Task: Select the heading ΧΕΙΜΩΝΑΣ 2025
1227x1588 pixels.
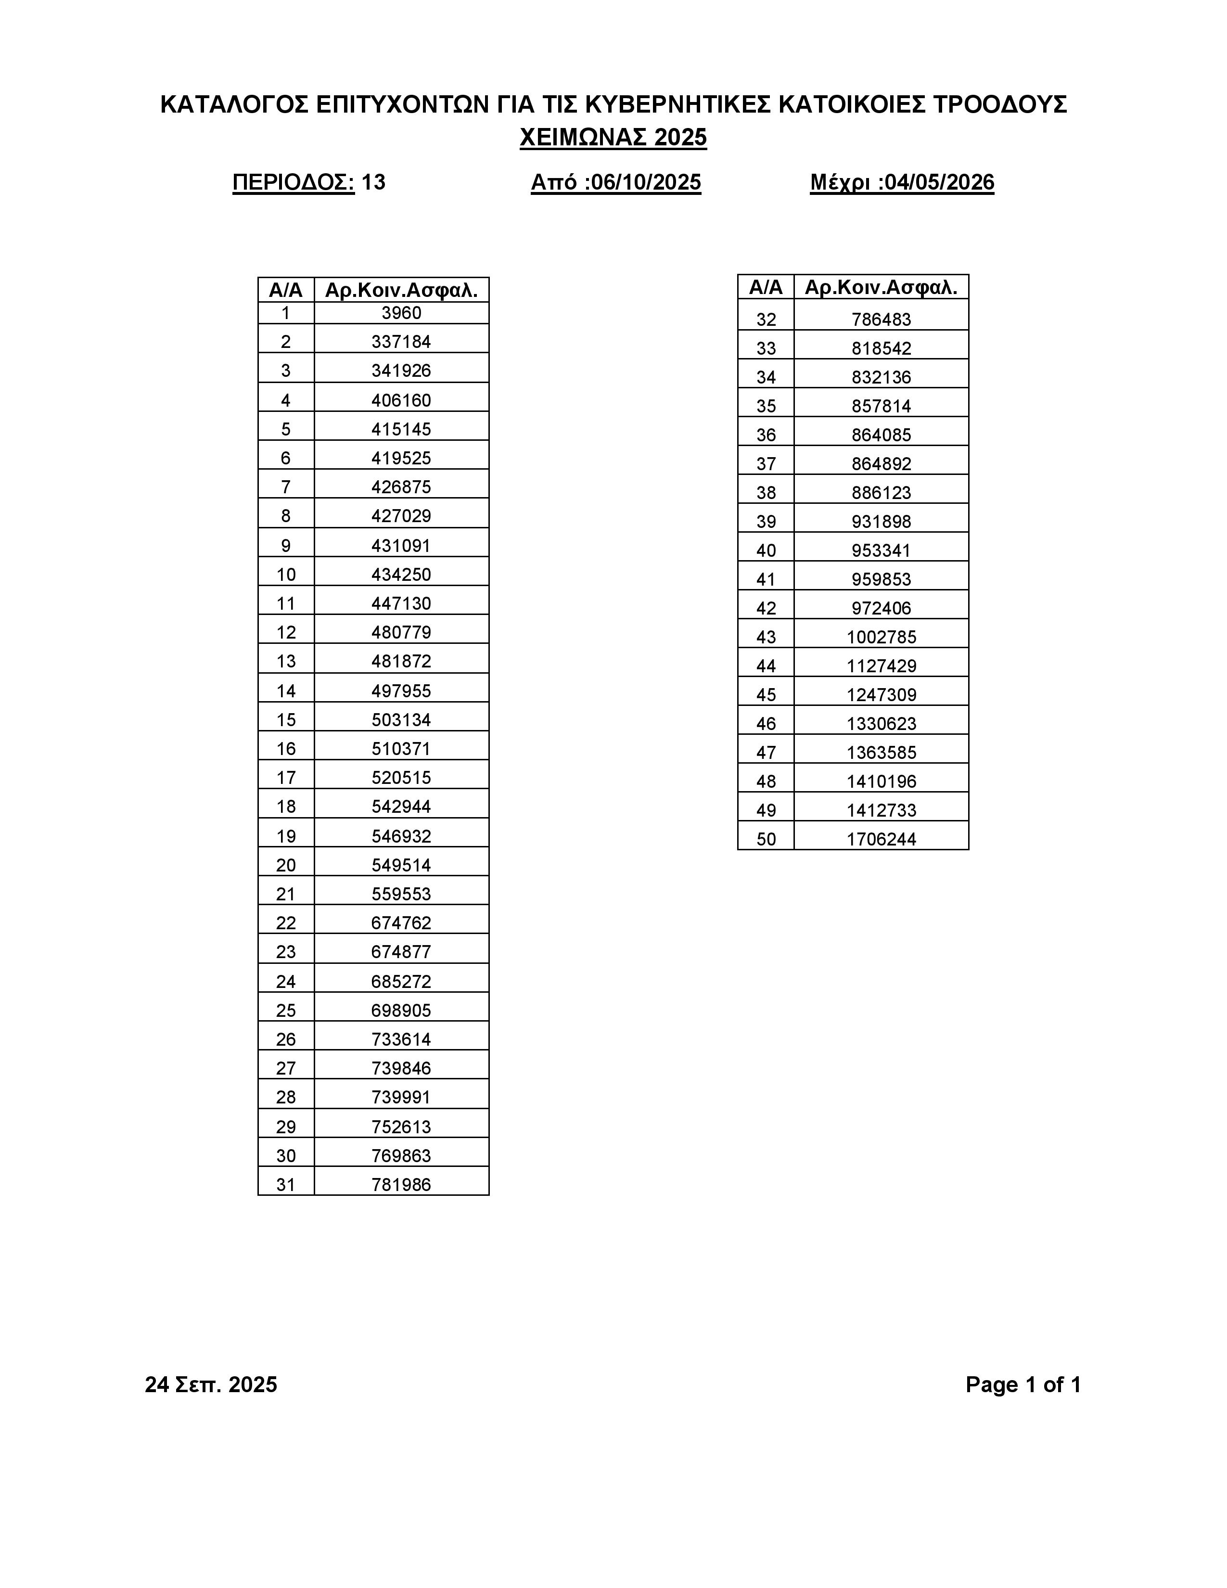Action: click(x=613, y=138)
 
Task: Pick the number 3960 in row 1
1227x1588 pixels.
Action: click(x=401, y=313)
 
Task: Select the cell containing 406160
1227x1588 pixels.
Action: click(x=401, y=400)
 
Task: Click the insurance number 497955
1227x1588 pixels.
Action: click(x=401, y=690)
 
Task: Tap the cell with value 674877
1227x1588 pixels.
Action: click(x=401, y=951)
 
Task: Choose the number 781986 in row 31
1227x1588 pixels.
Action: click(x=401, y=1184)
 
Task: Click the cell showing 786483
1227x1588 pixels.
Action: click(x=881, y=319)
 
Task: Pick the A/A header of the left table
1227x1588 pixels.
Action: click(x=286, y=290)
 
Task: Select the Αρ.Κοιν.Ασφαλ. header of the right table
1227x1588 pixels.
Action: click(x=881, y=287)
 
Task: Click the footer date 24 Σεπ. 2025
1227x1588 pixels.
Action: click(x=211, y=1384)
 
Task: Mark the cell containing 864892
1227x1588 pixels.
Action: click(x=881, y=463)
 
